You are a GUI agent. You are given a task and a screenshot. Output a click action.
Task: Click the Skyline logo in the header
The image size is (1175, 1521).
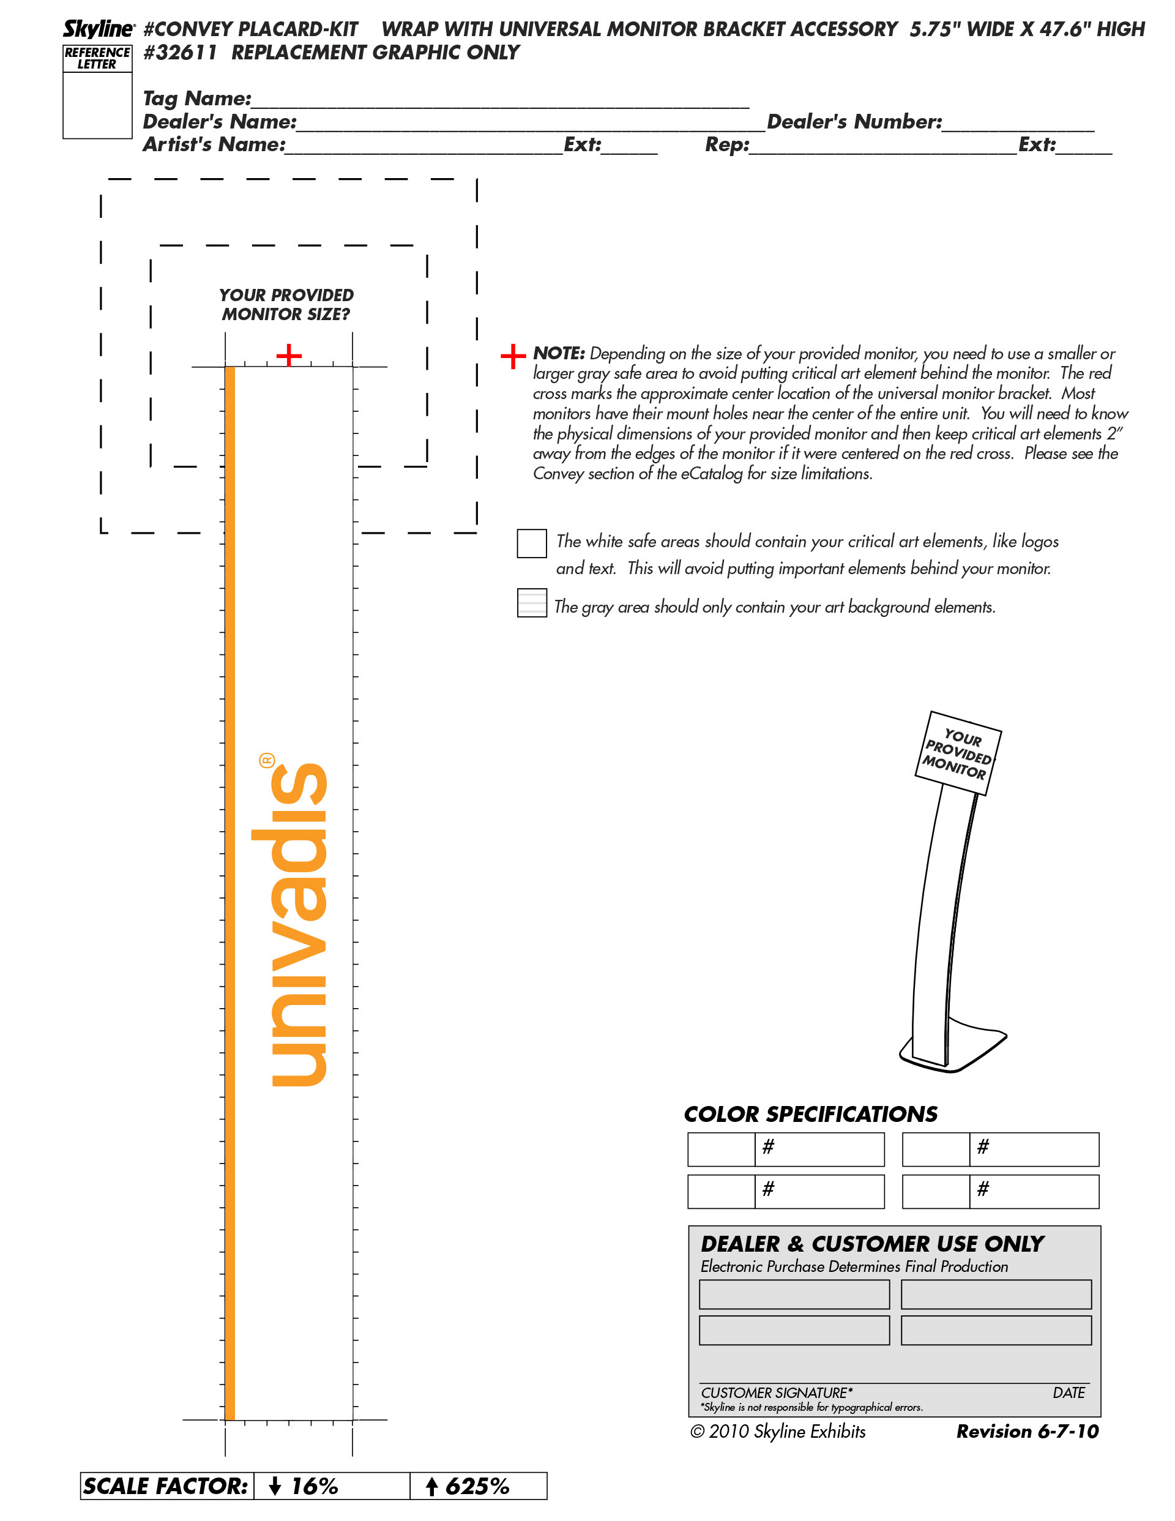98,29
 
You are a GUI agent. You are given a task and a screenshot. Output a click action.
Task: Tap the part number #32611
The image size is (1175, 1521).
180,53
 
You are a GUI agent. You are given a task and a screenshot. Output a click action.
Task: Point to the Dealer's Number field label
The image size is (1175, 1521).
854,122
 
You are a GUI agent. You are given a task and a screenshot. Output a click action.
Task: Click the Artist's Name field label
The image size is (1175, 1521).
214,145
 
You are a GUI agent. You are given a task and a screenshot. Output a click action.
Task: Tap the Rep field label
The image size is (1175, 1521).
726,145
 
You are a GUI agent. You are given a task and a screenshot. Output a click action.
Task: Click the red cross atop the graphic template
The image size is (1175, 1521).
289,355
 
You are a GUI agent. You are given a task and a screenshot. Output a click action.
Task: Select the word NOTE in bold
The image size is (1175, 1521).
558,353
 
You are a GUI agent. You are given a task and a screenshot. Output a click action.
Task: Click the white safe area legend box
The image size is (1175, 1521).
531,544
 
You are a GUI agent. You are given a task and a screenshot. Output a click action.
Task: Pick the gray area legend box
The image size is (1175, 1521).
531,602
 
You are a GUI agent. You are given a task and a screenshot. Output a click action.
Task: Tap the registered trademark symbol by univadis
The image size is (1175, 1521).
267,760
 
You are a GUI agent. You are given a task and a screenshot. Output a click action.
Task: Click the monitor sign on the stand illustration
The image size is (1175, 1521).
957,753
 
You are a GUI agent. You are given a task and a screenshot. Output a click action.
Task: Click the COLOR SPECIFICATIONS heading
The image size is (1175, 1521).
810,1115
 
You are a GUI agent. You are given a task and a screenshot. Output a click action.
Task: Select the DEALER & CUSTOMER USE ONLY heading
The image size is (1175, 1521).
872,1244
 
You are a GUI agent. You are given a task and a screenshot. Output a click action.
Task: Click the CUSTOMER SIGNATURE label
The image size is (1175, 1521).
776,1393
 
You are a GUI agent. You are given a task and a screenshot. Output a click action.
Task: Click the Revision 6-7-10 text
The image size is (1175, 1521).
1027,1432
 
